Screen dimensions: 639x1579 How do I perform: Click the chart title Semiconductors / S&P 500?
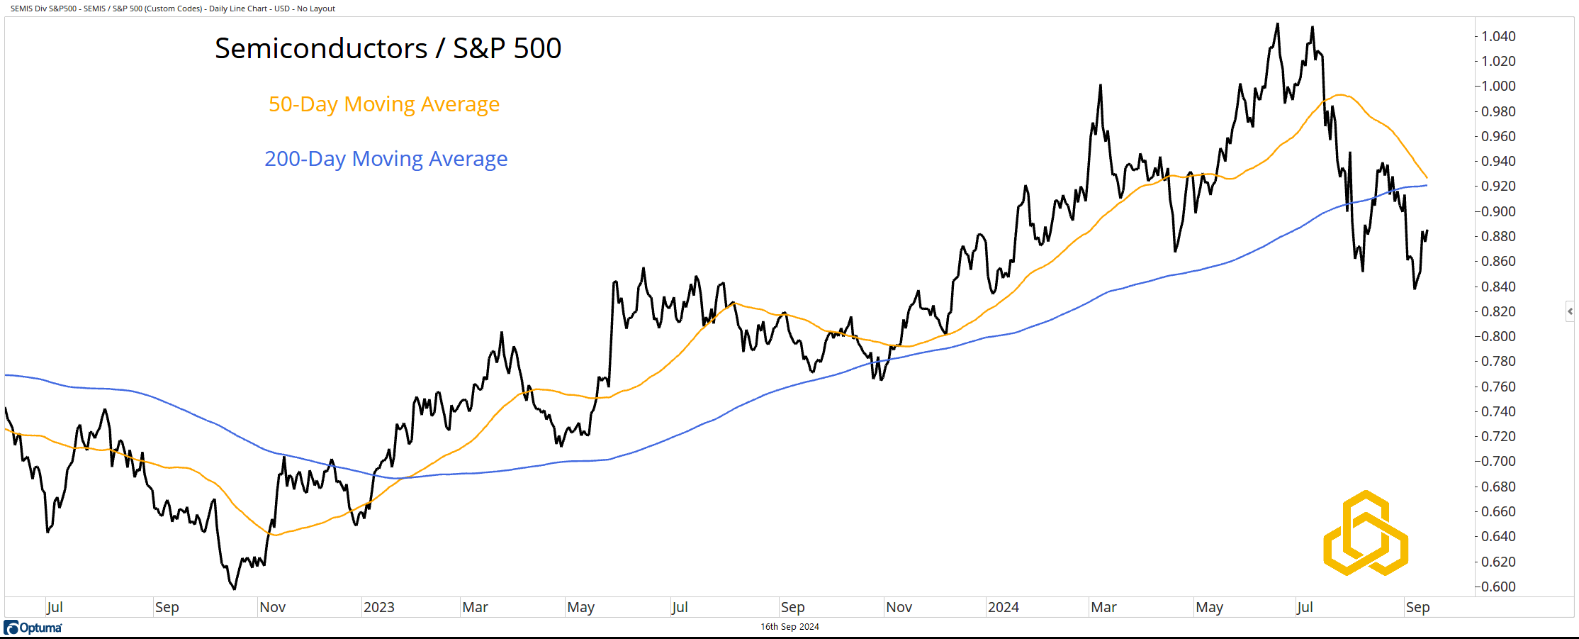(388, 48)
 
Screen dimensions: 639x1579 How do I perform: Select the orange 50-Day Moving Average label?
(383, 104)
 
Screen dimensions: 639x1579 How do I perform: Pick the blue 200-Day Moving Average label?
(386, 159)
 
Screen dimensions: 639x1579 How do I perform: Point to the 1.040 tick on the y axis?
(1498, 36)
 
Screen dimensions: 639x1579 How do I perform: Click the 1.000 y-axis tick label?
(1498, 86)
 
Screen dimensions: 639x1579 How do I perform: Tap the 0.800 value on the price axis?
(1498, 336)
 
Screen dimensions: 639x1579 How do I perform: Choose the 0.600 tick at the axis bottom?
(1498, 587)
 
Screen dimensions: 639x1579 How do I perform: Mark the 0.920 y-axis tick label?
(1498, 186)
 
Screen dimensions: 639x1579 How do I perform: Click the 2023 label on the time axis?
(378, 607)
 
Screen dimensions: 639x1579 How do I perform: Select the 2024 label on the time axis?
(1003, 607)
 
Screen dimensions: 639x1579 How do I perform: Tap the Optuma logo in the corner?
(33, 628)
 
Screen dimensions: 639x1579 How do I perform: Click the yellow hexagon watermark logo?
(1366, 533)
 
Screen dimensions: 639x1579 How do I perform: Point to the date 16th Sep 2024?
(789, 627)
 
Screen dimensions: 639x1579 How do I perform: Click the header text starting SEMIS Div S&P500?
(172, 9)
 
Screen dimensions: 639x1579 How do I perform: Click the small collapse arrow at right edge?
(1570, 311)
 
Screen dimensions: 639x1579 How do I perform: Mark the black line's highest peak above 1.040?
(1278, 24)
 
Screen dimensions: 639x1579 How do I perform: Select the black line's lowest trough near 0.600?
(235, 589)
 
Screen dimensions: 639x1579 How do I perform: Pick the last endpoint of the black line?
(1427, 230)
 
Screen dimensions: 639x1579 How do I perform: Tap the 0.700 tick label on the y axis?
(1498, 461)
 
